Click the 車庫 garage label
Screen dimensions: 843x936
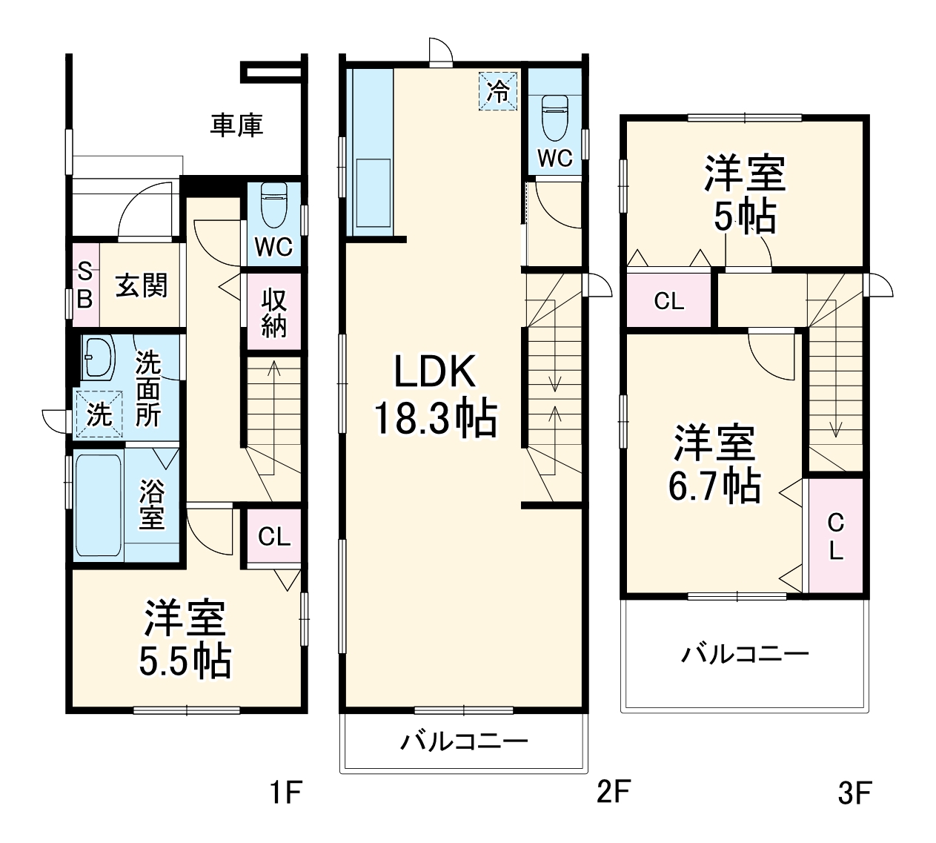(x=236, y=125)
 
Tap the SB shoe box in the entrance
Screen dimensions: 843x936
(x=84, y=285)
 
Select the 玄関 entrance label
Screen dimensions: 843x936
(x=141, y=285)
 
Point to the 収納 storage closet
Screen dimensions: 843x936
(x=273, y=312)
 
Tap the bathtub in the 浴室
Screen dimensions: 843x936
(x=98, y=503)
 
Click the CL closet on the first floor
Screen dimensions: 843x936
(x=273, y=537)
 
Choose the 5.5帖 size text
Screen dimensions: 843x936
(x=185, y=662)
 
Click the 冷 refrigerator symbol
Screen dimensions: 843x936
(x=498, y=90)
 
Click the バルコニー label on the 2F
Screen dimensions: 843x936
(x=465, y=741)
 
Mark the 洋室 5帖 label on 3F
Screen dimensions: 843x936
(x=744, y=194)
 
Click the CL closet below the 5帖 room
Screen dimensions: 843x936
(x=668, y=301)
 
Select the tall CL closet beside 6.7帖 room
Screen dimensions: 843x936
(x=835, y=536)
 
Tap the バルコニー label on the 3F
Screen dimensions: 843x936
(x=745, y=655)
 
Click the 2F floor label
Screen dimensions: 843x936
(x=613, y=793)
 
